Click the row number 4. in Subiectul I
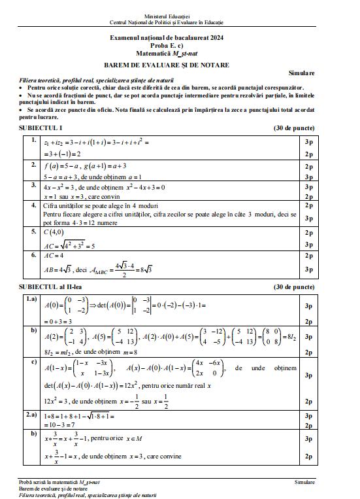click(33, 205)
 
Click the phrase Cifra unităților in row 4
click(65, 205)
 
